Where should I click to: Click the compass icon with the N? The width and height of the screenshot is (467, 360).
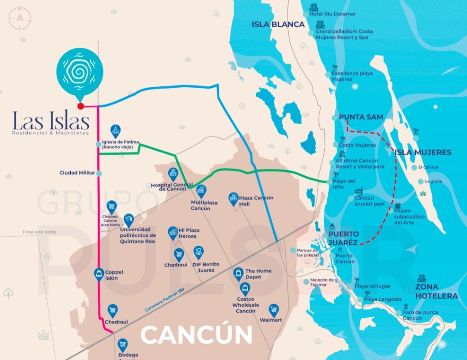pos(19,17)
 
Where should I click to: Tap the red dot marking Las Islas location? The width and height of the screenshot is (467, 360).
pos(81,106)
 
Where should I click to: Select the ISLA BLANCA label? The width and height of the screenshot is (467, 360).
pos(278,25)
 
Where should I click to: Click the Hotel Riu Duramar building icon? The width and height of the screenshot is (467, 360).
pos(313,8)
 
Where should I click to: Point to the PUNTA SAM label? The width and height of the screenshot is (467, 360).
pos(361,117)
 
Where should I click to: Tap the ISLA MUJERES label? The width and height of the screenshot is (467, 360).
pos(423,152)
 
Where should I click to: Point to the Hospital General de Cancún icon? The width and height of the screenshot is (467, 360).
pos(172,172)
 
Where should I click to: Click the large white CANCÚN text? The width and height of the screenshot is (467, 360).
pos(196,335)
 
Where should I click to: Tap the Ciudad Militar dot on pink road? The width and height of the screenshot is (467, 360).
pos(99,173)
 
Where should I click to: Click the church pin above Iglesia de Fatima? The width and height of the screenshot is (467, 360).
pos(115,130)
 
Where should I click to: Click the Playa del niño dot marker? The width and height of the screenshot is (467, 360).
pos(329,182)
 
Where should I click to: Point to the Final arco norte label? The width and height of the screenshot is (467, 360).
pos(39,232)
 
